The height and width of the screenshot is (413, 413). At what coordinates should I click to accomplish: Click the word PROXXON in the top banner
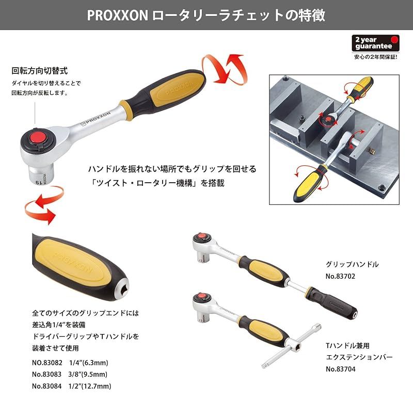pos(117,14)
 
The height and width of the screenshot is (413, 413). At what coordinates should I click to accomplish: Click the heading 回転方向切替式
pos(40,70)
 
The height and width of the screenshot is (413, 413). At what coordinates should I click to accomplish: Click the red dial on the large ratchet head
pos(36,137)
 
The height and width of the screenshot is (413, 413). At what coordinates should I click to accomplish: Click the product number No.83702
pos(343,277)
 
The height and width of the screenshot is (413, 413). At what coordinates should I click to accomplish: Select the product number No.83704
pos(343,369)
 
